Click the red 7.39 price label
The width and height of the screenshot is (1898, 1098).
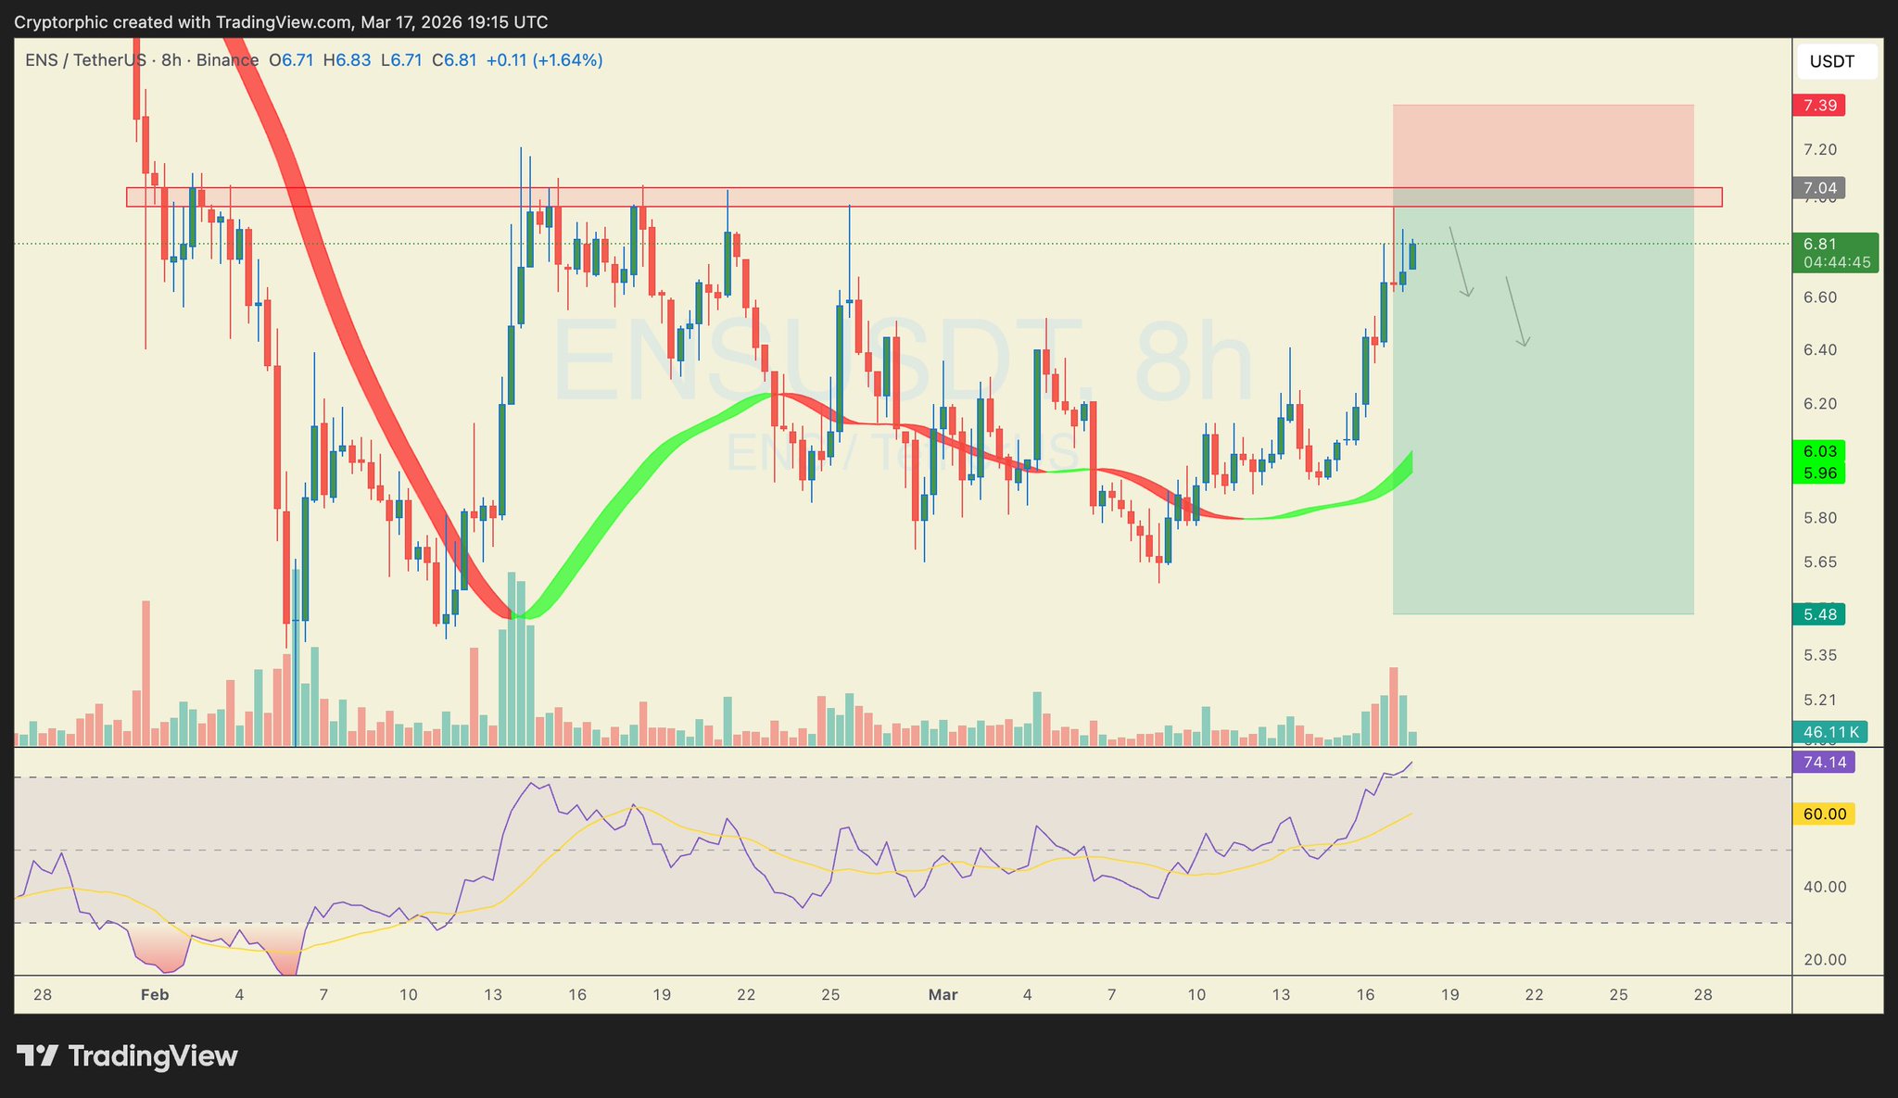(1819, 106)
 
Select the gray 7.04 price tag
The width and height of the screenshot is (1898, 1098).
(1819, 188)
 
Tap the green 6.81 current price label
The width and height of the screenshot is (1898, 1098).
(1820, 245)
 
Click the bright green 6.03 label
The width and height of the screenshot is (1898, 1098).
(1819, 451)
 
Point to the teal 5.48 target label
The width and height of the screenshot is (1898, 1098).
(1819, 614)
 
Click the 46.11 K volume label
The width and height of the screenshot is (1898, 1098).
(1829, 732)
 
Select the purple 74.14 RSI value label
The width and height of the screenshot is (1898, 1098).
(1824, 763)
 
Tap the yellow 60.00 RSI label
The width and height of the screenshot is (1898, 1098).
(1824, 814)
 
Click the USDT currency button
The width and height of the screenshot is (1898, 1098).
(1832, 62)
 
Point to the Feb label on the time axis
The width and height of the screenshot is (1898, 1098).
(155, 995)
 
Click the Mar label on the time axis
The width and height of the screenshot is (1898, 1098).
(943, 995)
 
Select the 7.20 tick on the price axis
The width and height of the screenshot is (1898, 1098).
(1819, 150)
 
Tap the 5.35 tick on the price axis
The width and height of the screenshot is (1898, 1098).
(1819, 656)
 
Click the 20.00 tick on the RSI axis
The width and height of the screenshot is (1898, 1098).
(1824, 960)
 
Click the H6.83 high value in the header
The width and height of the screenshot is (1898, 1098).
(347, 60)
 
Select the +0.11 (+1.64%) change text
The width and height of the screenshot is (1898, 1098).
(544, 60)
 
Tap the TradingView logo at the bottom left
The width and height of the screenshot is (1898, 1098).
(128, 1056)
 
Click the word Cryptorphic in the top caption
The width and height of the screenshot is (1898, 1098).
(63, 21)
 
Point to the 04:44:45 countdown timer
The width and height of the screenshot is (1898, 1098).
(1837, 262)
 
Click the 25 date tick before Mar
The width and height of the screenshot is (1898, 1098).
(830, 995)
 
